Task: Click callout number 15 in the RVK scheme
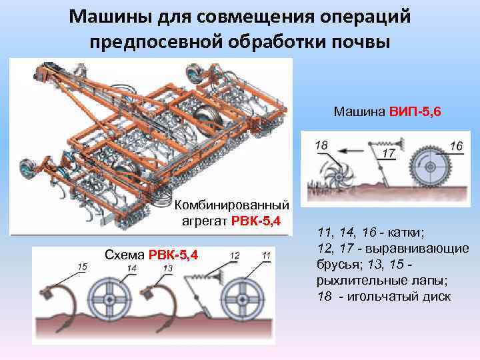(x=82, y=267)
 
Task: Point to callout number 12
(x=235, y=255)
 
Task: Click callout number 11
(x=266, y=255)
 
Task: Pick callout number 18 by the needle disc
(x=321, y=145)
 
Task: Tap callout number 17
(x=389, y=153)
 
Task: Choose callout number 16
(x=456, y=145)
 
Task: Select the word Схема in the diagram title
(x=125, y=254)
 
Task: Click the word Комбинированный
(x=232, y=203)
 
